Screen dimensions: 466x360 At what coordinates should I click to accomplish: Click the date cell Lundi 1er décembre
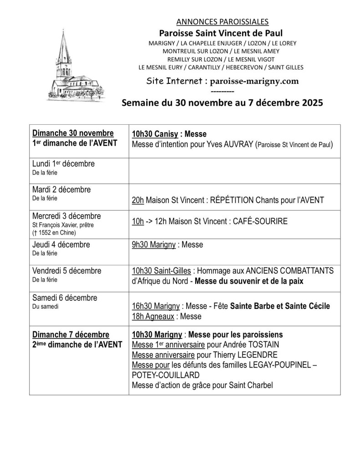point(64,164)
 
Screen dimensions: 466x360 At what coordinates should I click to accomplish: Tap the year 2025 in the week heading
point(309,103)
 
